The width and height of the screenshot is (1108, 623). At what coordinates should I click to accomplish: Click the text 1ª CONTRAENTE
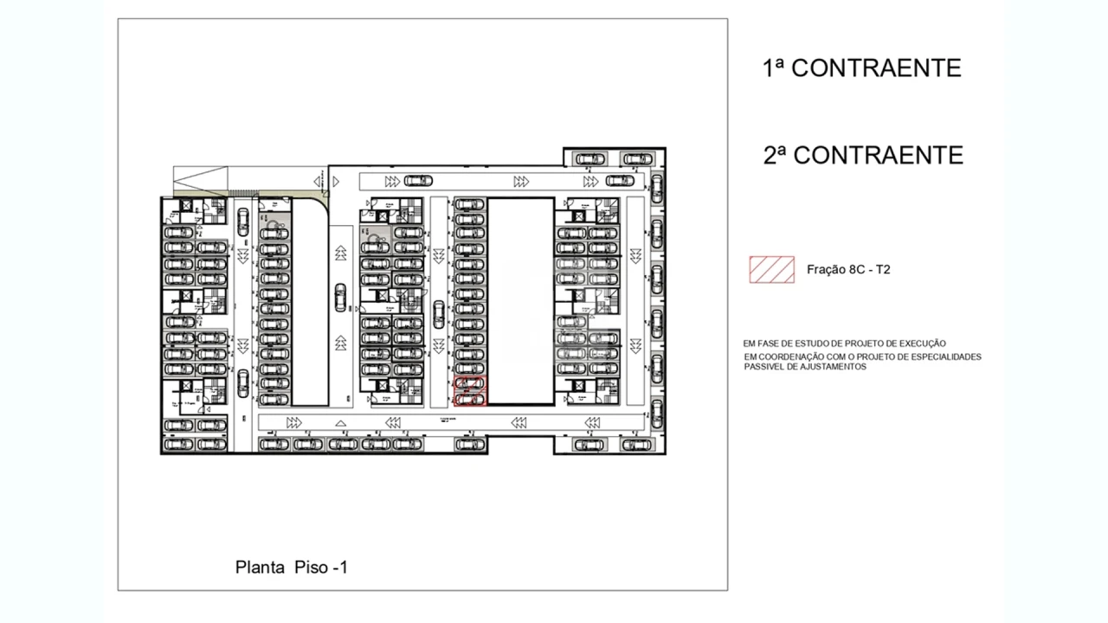[861, 68]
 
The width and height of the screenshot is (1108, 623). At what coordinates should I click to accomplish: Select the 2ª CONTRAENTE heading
[862, 155]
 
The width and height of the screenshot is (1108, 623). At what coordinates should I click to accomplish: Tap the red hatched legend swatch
[771, 270]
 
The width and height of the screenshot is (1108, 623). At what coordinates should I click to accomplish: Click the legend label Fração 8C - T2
[847, 270]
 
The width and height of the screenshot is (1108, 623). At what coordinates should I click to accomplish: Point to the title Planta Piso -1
[291, 568]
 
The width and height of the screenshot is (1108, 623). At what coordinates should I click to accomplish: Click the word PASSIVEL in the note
[764, 367]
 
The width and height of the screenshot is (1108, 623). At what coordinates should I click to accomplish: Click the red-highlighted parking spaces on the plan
[470, 391]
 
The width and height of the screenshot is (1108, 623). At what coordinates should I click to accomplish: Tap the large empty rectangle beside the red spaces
[520, 301]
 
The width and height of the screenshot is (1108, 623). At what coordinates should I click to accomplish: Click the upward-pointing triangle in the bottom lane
[341, 423]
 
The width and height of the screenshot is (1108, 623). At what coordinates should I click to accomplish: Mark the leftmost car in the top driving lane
[417, 181]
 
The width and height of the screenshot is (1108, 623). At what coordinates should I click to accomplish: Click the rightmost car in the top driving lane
[620, 181]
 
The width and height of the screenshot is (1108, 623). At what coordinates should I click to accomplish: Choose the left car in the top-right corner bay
[590, 158]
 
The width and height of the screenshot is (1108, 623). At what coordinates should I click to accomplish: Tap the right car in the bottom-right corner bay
[638, 444]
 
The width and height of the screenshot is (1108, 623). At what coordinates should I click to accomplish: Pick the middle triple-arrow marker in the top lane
[521, 182]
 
